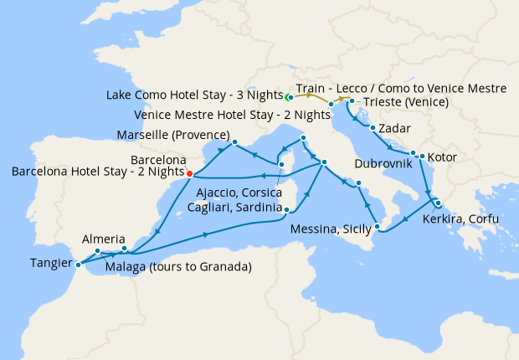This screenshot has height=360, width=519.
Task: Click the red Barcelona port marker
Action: [x=190, y=173]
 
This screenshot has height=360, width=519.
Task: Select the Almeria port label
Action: [x=104, y=239]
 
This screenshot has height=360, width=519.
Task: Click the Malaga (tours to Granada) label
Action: [x=180, y=268]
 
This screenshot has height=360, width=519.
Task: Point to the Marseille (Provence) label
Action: [x=174, y=135]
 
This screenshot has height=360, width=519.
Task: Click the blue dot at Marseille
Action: [x=234, y=141]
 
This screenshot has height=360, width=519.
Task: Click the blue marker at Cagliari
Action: [x=286, y=210]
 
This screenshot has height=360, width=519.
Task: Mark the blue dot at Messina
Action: [x=377, y=226]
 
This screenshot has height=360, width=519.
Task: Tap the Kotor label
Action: [x=444, y=156]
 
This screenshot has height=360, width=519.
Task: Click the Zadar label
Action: [x=394, y=129]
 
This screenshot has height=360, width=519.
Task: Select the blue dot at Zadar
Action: [x=372, y=128]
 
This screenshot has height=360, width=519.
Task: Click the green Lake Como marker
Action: [x=289, y=96]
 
